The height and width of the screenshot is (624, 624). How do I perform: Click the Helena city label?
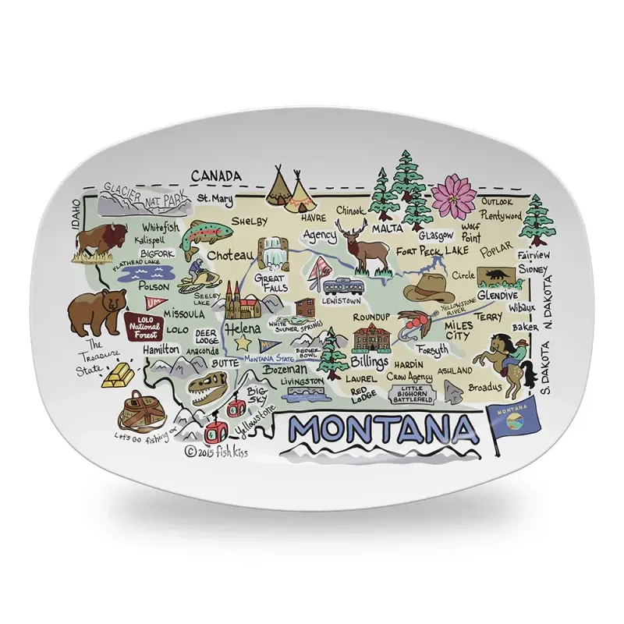[x=243, y=328]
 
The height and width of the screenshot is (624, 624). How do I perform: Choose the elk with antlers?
[x=363, y=244]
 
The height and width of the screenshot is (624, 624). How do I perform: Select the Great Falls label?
[x=271, y=282]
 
